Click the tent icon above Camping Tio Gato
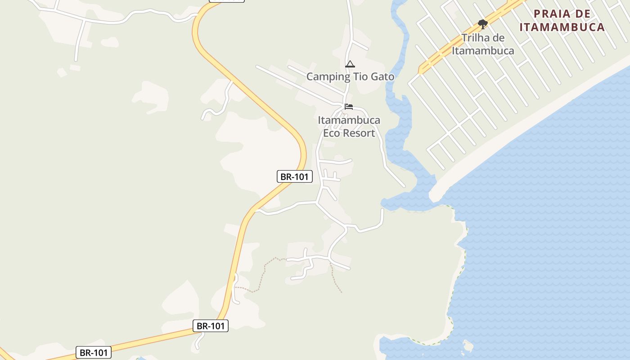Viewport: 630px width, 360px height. [350, 64]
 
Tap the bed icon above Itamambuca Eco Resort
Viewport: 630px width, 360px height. [349, 107]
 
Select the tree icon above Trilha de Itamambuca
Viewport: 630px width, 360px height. [482, 24]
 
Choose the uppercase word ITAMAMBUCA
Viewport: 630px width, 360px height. [562, 27]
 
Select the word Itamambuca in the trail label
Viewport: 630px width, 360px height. [483, 50]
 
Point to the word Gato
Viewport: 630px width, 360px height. [382, 76]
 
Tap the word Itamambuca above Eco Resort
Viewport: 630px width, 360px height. [349, 120]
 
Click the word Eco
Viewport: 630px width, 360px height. [333, 133]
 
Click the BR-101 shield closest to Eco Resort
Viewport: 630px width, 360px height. [294, 176]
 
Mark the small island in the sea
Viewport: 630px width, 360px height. [468, 346]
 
